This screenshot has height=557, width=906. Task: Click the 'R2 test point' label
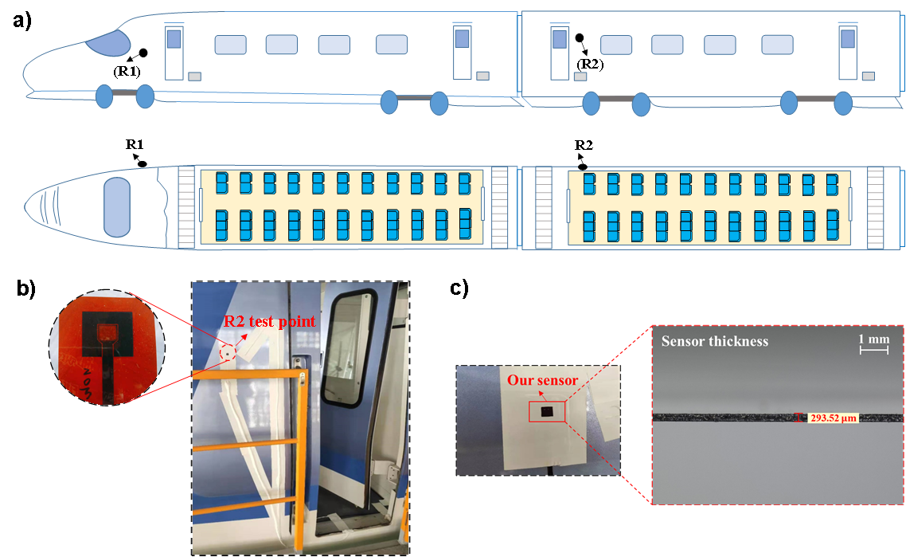[x=268, y=322]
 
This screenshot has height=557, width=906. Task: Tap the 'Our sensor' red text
[x=543, y=380]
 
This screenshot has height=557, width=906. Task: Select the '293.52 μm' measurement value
[x=832, y=418]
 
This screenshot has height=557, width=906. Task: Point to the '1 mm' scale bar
[x=873, y=344]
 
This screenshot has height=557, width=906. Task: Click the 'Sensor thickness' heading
[x=715, y=341]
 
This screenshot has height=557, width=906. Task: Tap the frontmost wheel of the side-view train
[x=104, y=96]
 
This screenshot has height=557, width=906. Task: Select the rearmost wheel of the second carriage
[x=843, y=104]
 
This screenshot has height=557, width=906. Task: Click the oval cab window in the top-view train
[x=117, y=207]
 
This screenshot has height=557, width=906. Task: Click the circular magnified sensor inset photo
[x=107, y=347]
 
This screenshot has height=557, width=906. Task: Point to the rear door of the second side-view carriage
[x=849, y=52]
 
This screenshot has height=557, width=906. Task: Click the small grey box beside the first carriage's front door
[x=195, y=76]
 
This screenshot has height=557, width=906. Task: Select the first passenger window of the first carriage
[x=230, y=45]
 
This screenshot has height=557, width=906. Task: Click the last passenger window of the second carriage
[x=777, y=45]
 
